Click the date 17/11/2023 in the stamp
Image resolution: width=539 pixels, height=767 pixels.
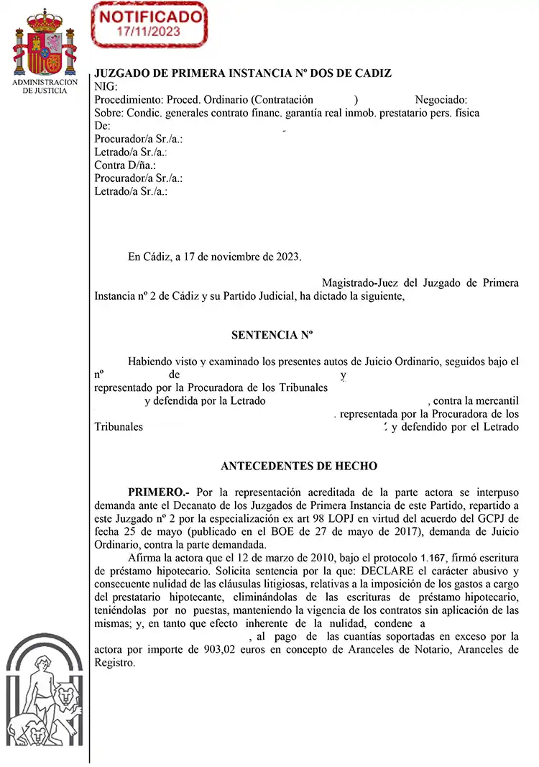149,32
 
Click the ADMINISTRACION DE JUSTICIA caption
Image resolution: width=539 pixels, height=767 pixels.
46,87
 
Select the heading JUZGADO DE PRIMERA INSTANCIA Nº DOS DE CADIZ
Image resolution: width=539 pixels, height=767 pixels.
243,74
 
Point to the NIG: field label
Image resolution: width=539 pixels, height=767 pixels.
106,87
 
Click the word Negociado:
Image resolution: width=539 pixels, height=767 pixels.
441,100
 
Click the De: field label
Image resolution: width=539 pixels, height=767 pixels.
102,126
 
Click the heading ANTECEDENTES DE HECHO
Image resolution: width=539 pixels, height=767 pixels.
299,466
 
